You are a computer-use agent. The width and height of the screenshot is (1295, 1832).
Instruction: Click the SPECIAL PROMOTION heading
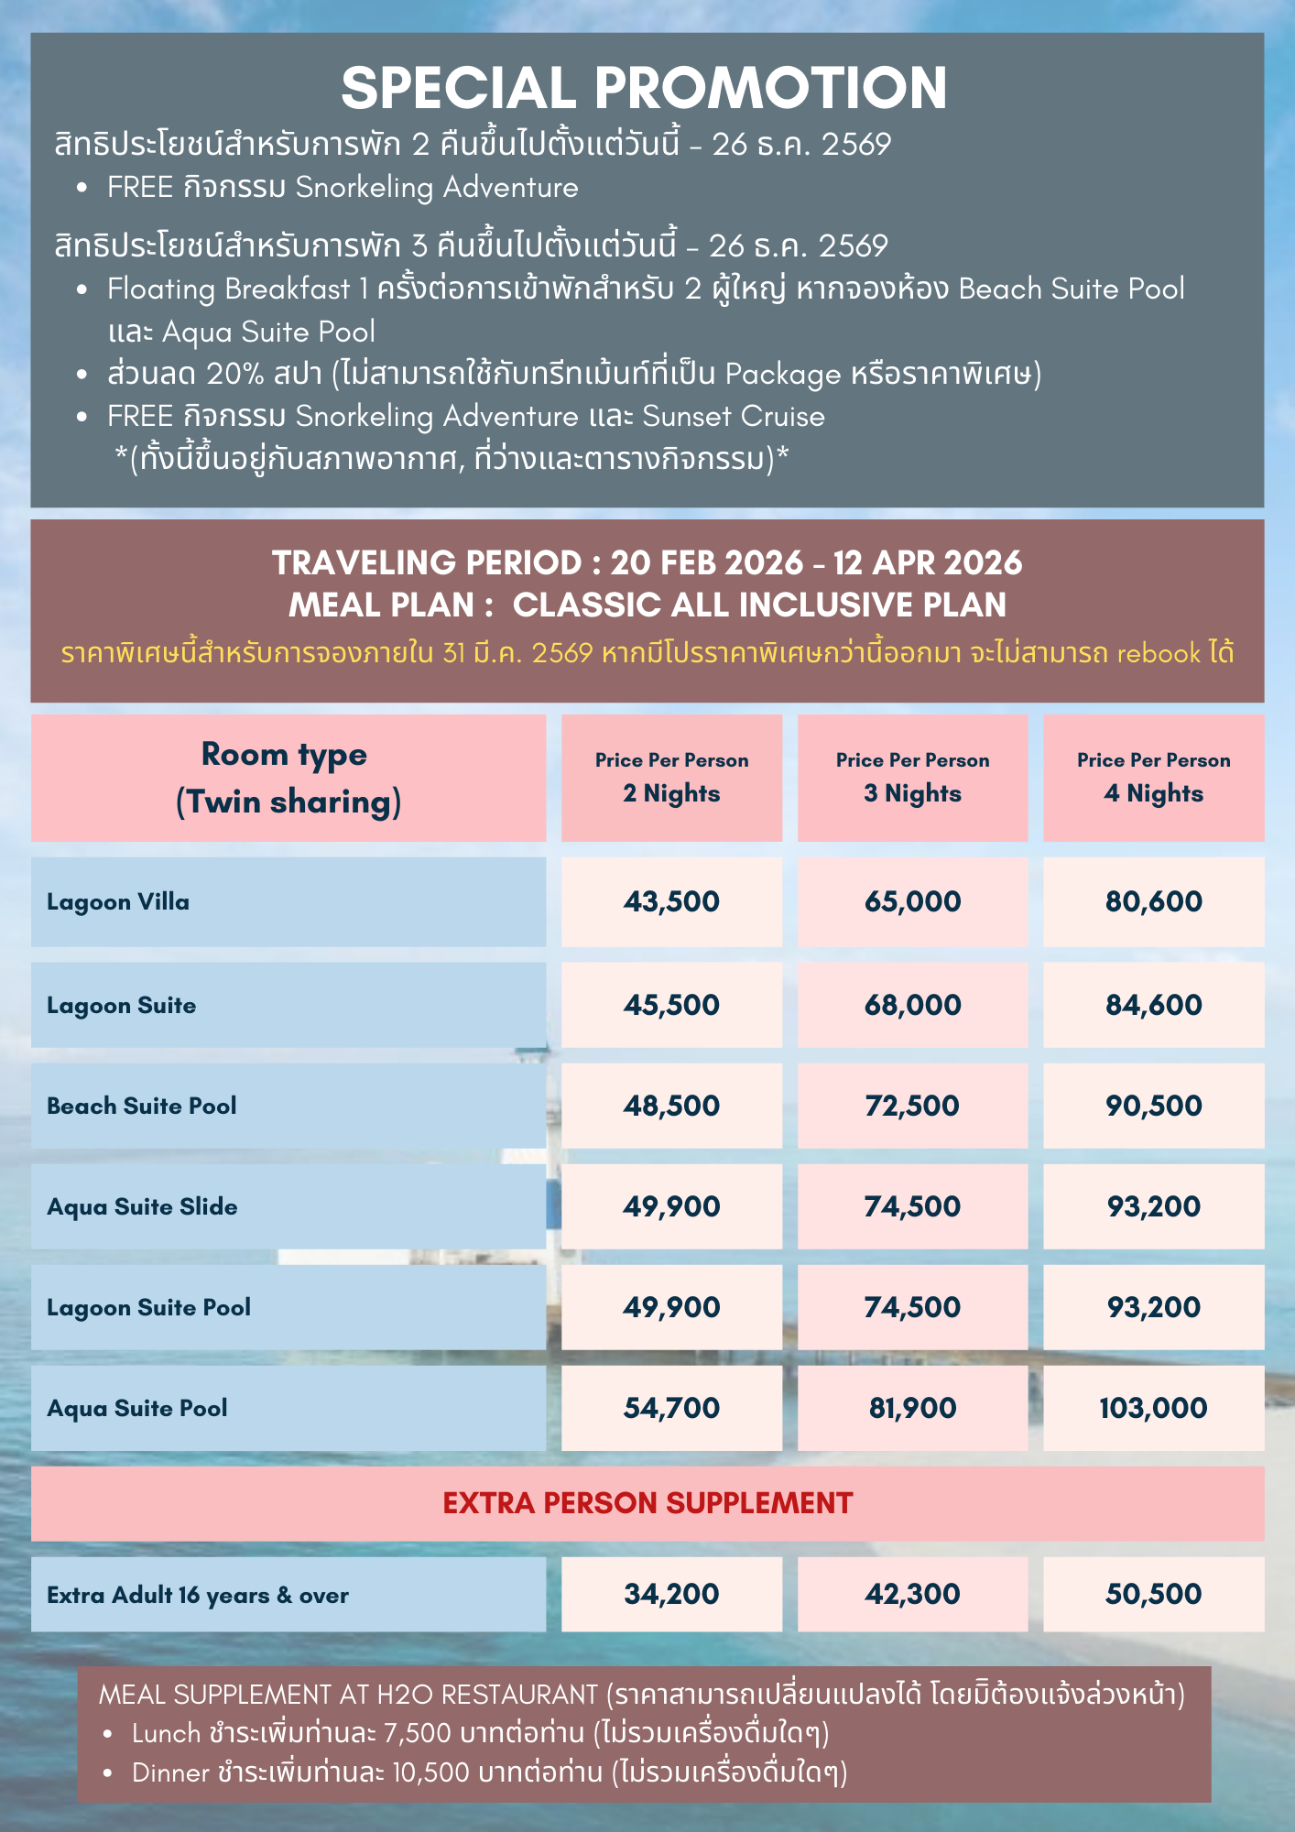pos(644,88)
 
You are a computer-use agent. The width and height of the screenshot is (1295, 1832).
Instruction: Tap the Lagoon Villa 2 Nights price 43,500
pos(671,901)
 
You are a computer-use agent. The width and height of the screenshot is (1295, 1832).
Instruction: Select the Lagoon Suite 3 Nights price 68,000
pos(912,1005)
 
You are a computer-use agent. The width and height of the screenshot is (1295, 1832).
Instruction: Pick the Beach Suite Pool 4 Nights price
pos(1153,1106)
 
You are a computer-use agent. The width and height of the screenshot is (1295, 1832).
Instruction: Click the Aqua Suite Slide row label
pos(142,1206)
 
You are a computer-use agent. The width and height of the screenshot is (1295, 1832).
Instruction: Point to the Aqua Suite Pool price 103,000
pos(1153,1408)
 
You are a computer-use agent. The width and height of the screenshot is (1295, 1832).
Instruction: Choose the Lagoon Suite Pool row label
pos(148,1307)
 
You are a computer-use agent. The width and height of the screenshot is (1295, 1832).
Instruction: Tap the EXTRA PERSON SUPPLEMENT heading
pos(647,1503)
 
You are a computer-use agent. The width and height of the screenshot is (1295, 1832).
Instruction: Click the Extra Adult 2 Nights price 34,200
pos(671,1594)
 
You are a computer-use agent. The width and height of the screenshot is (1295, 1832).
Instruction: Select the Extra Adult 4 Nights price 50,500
pos(1153,1594)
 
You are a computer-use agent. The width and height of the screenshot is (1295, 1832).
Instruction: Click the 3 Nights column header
pos(912,778)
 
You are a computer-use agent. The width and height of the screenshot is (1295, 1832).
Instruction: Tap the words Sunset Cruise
pos(733,417)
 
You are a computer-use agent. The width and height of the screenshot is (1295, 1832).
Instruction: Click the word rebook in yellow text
pos(1158,653)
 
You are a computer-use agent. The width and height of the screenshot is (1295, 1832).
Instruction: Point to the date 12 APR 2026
pos(927,562)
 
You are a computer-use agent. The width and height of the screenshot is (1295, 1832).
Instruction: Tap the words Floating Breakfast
pos(228,289)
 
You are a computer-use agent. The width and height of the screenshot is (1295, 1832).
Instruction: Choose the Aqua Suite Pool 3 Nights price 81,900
pos(912,1408)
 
